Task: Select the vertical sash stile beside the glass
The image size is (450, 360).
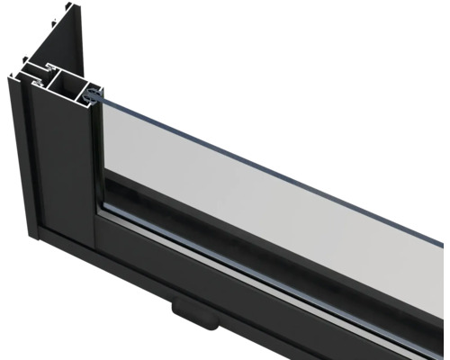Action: click(x=95, y=162)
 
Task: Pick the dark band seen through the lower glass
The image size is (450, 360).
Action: click(x=270, y=225)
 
